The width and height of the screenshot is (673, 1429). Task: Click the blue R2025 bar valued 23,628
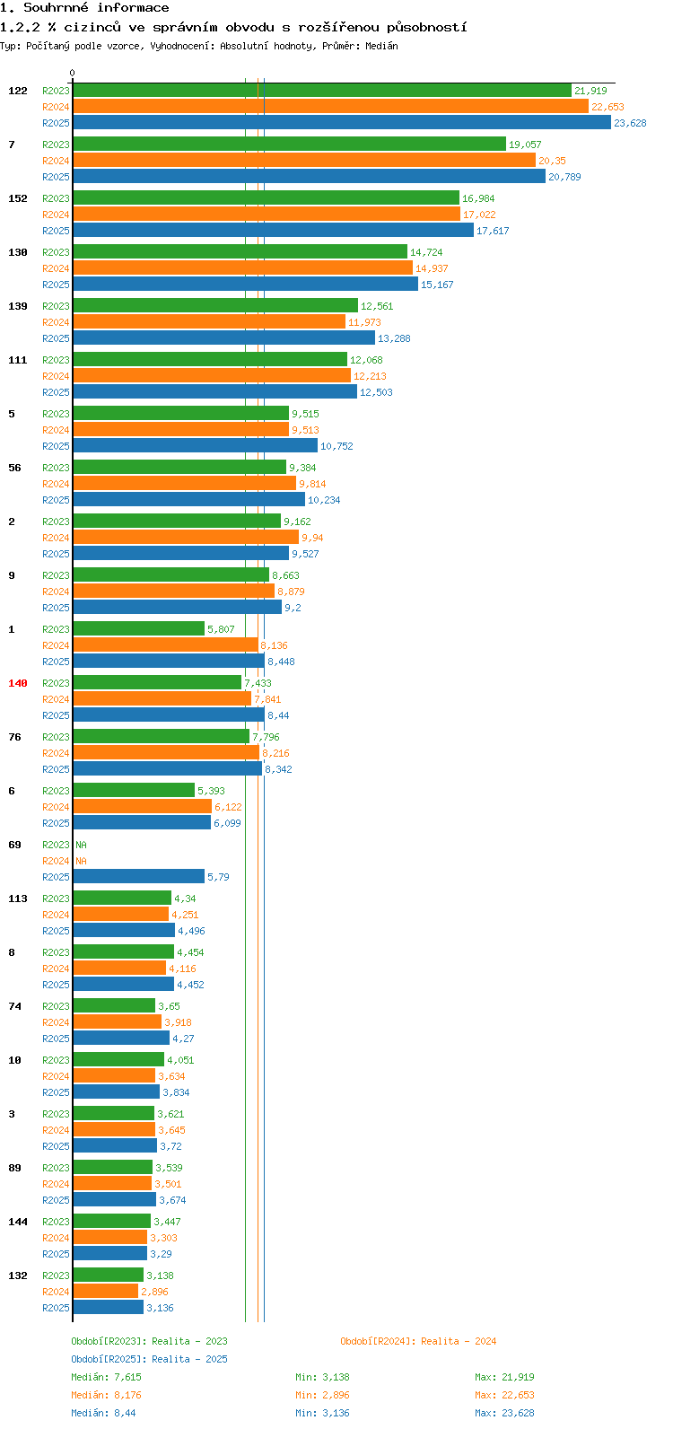click(341, 123)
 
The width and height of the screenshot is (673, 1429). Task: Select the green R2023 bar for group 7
click(289, 145)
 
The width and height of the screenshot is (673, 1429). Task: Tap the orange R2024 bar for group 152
click(266, 215)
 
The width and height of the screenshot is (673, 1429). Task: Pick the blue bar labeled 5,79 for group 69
click(138, 877)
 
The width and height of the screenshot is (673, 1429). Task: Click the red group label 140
click(18, 683)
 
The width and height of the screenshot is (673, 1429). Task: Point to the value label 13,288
click(394, 338)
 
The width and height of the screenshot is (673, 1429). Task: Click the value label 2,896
click(154, 1292)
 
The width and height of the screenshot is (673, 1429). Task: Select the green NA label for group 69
click(81, 845)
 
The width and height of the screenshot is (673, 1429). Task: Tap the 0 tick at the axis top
click(73, 74)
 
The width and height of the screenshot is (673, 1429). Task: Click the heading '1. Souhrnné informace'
click(84, 8)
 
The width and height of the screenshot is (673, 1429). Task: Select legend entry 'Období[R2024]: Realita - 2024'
click(418, 1341)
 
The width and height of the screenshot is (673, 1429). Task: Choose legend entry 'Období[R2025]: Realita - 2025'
click(149, 1359)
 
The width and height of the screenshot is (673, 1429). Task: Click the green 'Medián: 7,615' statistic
click(106, 1377)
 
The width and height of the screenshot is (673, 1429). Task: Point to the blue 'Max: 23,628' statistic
click(504, 1413)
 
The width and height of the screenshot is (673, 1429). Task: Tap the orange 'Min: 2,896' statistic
click(322, 1395)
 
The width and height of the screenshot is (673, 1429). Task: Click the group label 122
click(18, 91)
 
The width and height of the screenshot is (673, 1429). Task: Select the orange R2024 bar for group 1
click(165, 645)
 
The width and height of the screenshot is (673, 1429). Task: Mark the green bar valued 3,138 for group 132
click(108, 1276)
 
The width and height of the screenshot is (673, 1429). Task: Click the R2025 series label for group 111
click(56, 392)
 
